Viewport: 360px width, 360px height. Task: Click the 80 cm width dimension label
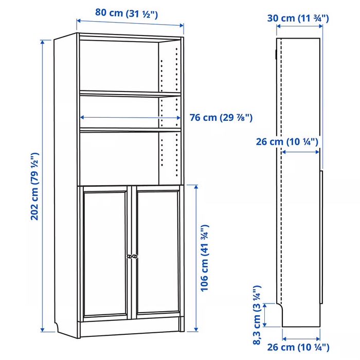click(x=130, y=13)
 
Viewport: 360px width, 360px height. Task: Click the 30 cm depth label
click(x=298, y=19)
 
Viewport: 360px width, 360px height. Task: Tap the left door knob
click(x=128, y=256)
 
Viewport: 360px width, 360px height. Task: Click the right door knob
click(x=135, y=256)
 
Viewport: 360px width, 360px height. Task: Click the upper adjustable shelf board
click(x=130, y=93)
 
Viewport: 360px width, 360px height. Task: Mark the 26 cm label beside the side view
click(x=288, y=141)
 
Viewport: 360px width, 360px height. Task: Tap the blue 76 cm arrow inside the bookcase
click(x=130, y=117)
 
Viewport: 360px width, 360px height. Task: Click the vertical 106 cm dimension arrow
click(x=196, y=257)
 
